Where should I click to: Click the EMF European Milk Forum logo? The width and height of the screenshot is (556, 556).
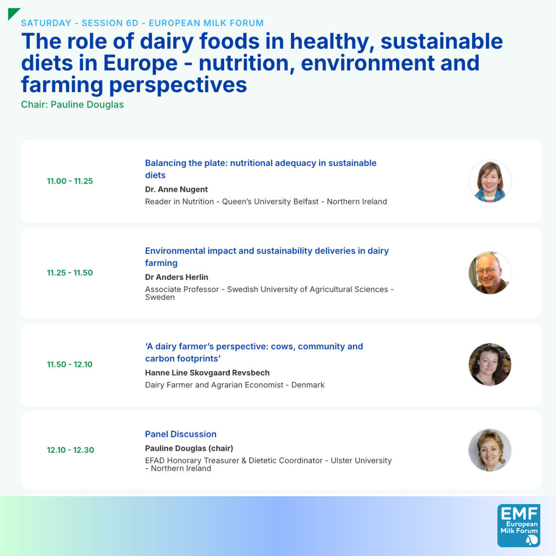(x=518, y=525)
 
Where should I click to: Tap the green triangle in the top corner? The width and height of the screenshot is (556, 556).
(x=13, y=13)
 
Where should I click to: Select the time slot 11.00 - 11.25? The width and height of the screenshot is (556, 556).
(x=70, y=181)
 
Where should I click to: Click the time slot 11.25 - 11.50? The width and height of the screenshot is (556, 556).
(x=70, y=272)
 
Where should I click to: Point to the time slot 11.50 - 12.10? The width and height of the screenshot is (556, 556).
(x=69, y=364)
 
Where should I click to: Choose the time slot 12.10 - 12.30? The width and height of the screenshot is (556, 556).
(x=70, y=450)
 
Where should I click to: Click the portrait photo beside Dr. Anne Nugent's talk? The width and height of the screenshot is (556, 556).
(x=490, y=181)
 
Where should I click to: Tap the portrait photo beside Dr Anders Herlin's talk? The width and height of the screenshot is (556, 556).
(x=490, y=272)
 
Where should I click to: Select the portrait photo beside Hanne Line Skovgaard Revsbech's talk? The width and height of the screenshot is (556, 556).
(x=490, y=364)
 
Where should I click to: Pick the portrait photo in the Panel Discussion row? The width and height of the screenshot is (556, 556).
(x=490, y=450)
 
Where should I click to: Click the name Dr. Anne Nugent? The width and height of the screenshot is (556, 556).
(x=176, y=190)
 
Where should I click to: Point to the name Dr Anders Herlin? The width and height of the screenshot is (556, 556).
(x=177, y=277)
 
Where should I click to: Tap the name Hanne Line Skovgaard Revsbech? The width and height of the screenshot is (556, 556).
(x=207, y=373)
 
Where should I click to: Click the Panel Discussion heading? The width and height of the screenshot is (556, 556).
(x=181, y=434)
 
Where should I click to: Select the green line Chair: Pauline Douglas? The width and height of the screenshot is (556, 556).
(x=72, y=104)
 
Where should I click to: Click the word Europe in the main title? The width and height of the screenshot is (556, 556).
(x=140, y=63)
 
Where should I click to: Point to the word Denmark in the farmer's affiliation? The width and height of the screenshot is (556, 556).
(x=308, y=385)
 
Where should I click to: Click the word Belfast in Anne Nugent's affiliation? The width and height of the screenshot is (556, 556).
(x=306, y=202)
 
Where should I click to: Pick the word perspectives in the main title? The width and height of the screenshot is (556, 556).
(x=178, y=85)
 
